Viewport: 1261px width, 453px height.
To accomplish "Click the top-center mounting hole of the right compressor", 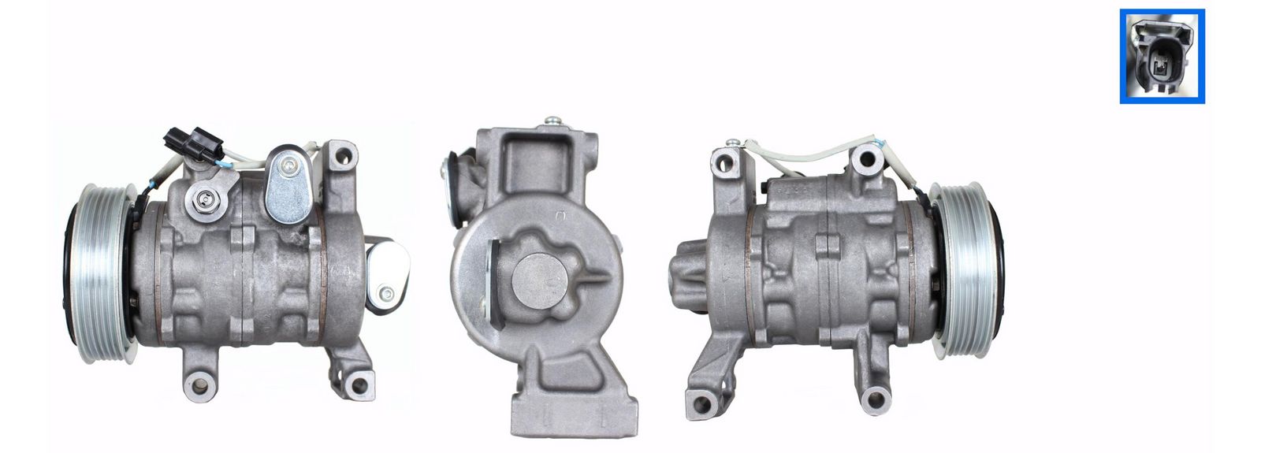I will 865,162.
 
